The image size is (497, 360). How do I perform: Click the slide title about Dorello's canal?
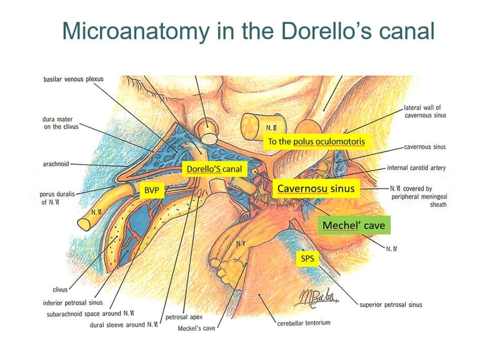click(248, 31)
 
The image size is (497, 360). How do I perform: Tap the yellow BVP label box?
click(152, 190)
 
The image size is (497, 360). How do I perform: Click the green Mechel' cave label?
click(354, 225)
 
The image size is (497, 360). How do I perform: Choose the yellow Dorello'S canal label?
click(214, 169)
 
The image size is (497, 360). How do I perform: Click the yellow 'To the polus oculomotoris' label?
click(316, 142)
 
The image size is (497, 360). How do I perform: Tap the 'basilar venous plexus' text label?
click(74, 79)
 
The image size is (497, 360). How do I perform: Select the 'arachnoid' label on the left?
click(56, 164)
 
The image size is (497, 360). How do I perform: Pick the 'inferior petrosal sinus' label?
click(73, 303)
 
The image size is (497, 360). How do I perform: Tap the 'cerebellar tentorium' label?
click(304, 322)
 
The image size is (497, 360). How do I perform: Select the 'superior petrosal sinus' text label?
click(391, 304)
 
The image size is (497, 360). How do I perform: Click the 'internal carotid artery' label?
click(416, 168)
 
